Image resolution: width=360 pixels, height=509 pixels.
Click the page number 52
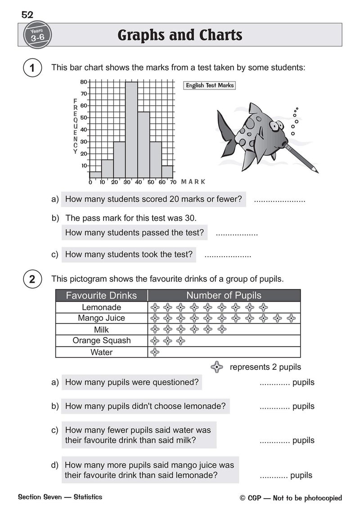pos(27,15)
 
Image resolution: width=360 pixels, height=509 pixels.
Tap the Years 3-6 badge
pos(35,35)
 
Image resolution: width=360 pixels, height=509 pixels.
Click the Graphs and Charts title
pos(180,35)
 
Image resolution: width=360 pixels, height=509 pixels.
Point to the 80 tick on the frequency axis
pos(84,82)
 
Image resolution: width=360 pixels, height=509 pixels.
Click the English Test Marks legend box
pos(210,85)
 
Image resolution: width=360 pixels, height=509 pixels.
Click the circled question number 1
pos(32,69)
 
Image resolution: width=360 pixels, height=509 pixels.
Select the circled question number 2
pos(32,279)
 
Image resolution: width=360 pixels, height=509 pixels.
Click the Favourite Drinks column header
pos(101,295)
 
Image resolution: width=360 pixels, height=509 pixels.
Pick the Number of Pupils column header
pos(224,295)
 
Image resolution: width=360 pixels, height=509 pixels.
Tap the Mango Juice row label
pos(101,318)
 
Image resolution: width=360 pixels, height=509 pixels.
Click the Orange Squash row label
pos(101,341)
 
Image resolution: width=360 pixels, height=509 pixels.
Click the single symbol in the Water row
pos(154,352)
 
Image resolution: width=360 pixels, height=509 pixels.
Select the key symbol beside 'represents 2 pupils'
pos(217,367)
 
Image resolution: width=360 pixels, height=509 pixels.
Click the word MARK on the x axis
pos(193,182)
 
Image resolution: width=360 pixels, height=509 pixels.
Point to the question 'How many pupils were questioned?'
pos(131,383)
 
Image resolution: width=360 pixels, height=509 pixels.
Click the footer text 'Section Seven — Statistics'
pos(60,497)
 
